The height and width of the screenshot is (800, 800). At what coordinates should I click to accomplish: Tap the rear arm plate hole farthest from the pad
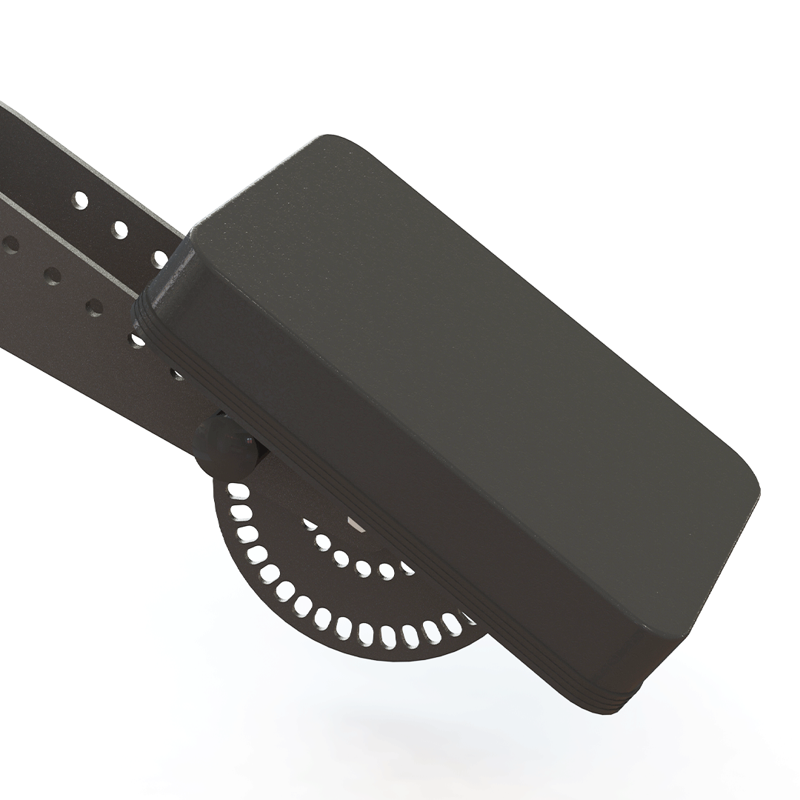(x=80, y=200)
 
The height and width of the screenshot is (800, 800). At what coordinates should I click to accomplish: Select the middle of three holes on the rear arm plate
(x=119, y=230)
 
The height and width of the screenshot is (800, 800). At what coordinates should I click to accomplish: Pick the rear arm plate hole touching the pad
(x=161, y=259)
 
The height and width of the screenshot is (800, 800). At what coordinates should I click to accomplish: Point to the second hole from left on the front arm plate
(x=52, y=276)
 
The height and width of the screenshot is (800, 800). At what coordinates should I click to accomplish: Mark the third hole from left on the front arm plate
(x=94, y=307)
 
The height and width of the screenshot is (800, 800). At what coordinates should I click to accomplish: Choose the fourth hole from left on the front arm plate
(x=137, y=340)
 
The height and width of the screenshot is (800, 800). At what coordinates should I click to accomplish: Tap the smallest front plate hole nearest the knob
(x=177, y=374)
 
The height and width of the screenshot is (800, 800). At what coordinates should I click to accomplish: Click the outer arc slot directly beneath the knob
(x=238, y=490)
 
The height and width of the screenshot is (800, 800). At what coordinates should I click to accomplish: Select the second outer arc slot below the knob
(x=241, y=513)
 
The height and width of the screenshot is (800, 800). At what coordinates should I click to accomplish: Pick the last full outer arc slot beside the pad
(x=450, y=624)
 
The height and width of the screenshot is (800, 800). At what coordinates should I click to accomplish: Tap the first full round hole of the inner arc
(x=323, y=542)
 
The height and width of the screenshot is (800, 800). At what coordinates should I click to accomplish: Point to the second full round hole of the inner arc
(x=341, y=558)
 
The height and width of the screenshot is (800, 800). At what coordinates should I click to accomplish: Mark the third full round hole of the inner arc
(x=364, y=568)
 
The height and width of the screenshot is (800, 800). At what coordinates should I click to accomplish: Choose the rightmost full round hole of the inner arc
(x=387, y=571)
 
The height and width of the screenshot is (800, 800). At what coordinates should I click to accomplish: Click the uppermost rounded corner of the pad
(x=326, y=141)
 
